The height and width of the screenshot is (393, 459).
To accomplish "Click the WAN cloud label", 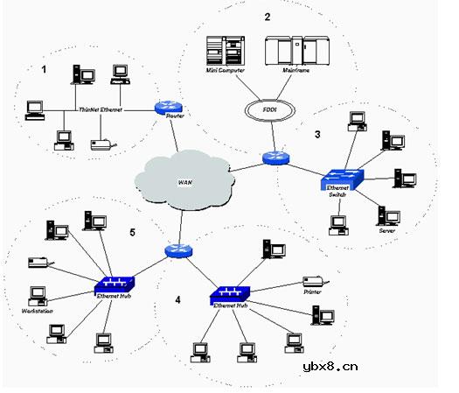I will point(184,181).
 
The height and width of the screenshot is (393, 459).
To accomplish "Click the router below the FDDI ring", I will point(274,158).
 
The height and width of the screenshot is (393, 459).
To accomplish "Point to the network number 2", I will point(268,17).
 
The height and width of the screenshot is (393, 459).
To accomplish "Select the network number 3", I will point(317,134).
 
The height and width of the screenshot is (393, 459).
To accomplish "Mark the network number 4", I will point(178,299).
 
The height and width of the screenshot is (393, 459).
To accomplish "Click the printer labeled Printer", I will point(314,282).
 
